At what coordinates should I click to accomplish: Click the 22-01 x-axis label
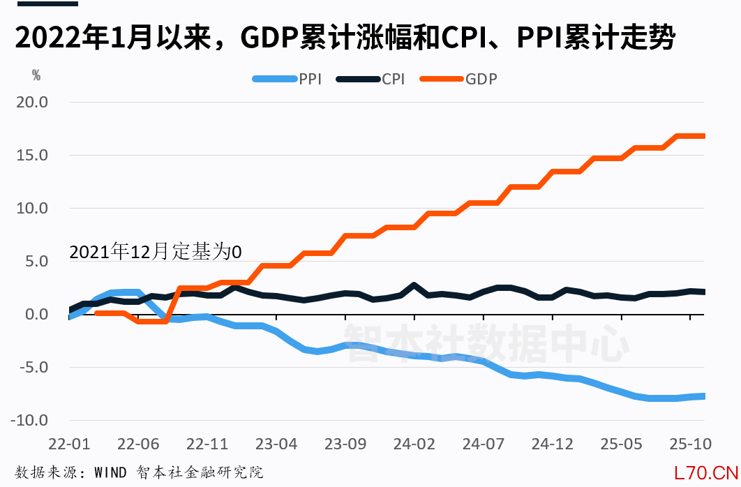point(70,444)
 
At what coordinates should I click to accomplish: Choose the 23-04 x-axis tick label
point(276,444)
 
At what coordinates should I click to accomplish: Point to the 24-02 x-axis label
point(414,444)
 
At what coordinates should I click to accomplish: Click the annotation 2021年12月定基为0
point(155,252)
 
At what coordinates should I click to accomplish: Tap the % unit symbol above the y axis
point(36,73)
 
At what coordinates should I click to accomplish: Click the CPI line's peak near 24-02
point(414,285)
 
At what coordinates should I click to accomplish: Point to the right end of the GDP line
point(703,136)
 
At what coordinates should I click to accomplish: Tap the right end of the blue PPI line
point(703,396)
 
